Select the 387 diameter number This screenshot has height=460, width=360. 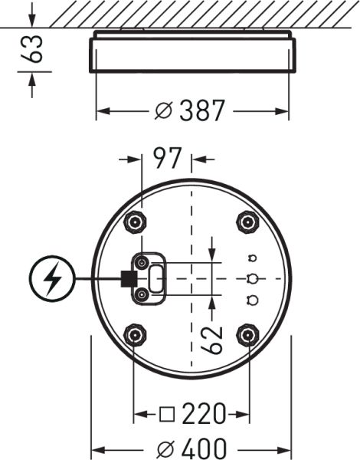[x=203, y=112]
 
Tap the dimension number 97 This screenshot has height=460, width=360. [x=167, y=159]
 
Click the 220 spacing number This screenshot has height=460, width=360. [x=203, y=415]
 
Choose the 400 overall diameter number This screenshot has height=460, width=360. [x=203, y=448]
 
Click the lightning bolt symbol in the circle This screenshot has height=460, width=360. [x=53, y=280]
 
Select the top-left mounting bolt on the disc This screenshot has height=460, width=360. [x=136, y=222]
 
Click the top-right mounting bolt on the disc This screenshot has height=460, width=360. [x=247, y=222]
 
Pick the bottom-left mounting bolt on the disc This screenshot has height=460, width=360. [x=136, y=334]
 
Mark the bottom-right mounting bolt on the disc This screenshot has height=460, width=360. [x=247, y=334]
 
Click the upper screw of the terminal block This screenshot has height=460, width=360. [x=142, y=264]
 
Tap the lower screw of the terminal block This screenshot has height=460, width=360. [x=142, y=294]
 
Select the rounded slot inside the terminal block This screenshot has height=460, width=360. [x=156, y=279]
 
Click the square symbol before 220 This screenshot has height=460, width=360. [x=166, y=416]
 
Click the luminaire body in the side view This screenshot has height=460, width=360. [x=191, y=54]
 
